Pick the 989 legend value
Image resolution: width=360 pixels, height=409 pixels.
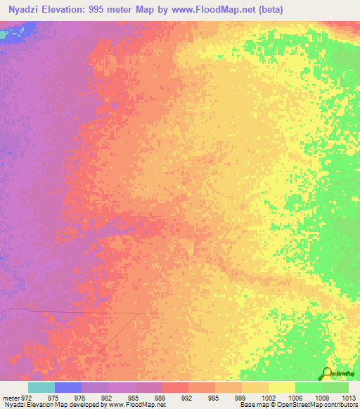pyautogui.click(x=161, y=397)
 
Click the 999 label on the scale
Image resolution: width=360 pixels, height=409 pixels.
pyautogui.click(x=241, y=397)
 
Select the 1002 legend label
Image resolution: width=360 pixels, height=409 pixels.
pyautogui.click(x=268, y=397)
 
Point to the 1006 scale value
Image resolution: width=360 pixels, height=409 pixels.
pyautogui.click(x=295, y=397)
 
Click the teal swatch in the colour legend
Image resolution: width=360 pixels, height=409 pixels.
pyautogui.click(x=41, y=387)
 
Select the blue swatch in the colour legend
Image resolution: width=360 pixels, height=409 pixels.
pyautogui.click(x=67, y=387)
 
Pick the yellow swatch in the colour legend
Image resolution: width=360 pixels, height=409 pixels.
pyautogui.click(x=281, y=387)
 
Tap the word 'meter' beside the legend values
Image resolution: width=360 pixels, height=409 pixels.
pyautogui.click(x=10, y=397)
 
